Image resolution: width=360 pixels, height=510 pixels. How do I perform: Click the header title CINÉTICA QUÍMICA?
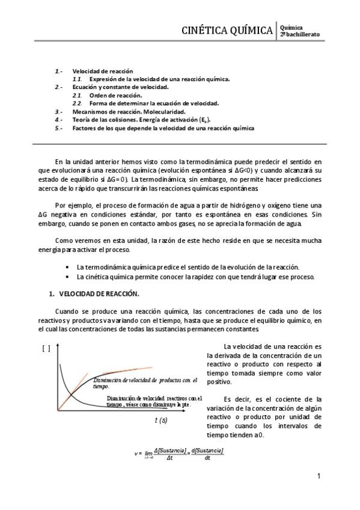pos(228,31)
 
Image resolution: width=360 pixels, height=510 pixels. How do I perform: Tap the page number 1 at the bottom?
pos(319,476)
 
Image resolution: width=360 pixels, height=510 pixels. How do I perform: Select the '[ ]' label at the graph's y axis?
pos(46,348)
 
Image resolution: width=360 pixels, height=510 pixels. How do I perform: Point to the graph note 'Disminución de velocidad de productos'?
pos(146,382)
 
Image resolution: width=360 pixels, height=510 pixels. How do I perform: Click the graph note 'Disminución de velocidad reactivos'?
pos(154,401)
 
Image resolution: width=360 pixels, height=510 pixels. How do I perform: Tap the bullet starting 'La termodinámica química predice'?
pos(188,266)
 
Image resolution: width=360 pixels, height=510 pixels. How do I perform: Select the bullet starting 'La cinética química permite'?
pos(196,277)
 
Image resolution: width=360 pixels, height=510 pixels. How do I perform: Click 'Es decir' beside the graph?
pos(234,399)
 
